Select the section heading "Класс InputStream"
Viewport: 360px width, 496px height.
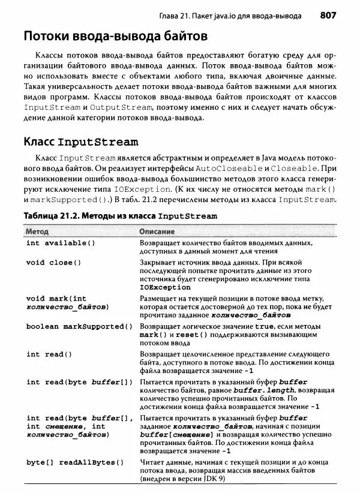click(81, 142)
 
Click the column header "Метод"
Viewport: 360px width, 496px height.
click(37, 231)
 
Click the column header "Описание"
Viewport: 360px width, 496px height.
click(157, 231)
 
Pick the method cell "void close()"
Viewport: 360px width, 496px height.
click(54, 262)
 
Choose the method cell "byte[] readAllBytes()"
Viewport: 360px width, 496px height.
click(75, 462)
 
